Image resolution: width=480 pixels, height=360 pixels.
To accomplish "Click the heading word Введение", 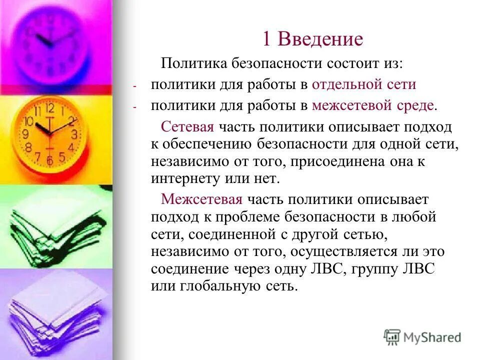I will (320, 39).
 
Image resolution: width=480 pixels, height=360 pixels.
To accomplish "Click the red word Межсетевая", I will (201, 199).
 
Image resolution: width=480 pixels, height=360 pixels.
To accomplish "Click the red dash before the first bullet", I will (134, 85).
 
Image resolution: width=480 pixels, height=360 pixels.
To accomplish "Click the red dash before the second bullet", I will (134, 106).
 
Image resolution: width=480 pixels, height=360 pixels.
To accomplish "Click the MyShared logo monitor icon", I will (392, 336).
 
